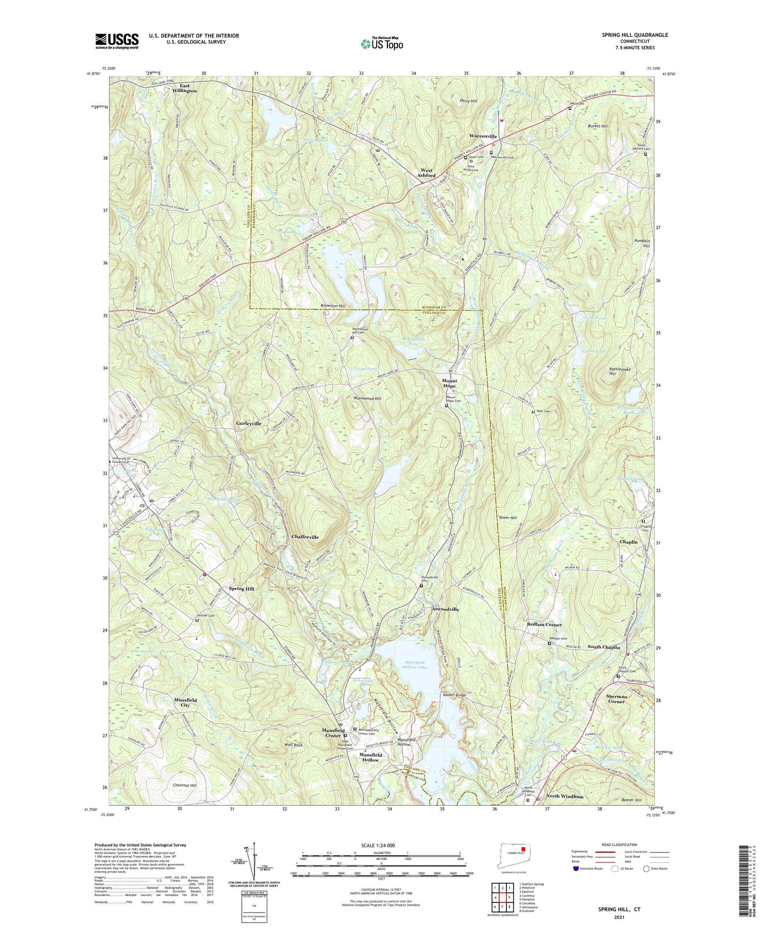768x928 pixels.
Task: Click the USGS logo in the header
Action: point(117,41)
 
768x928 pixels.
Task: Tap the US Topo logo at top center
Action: point(381,44)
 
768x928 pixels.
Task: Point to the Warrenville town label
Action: point(483,137)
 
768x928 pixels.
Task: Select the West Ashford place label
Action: point(426,173)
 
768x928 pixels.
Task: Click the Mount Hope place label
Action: point(449,383)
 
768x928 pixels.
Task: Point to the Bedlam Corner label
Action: point(544,625)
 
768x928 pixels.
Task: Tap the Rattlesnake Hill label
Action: point(612,371)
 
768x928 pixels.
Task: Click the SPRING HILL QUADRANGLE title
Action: point(635,35)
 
